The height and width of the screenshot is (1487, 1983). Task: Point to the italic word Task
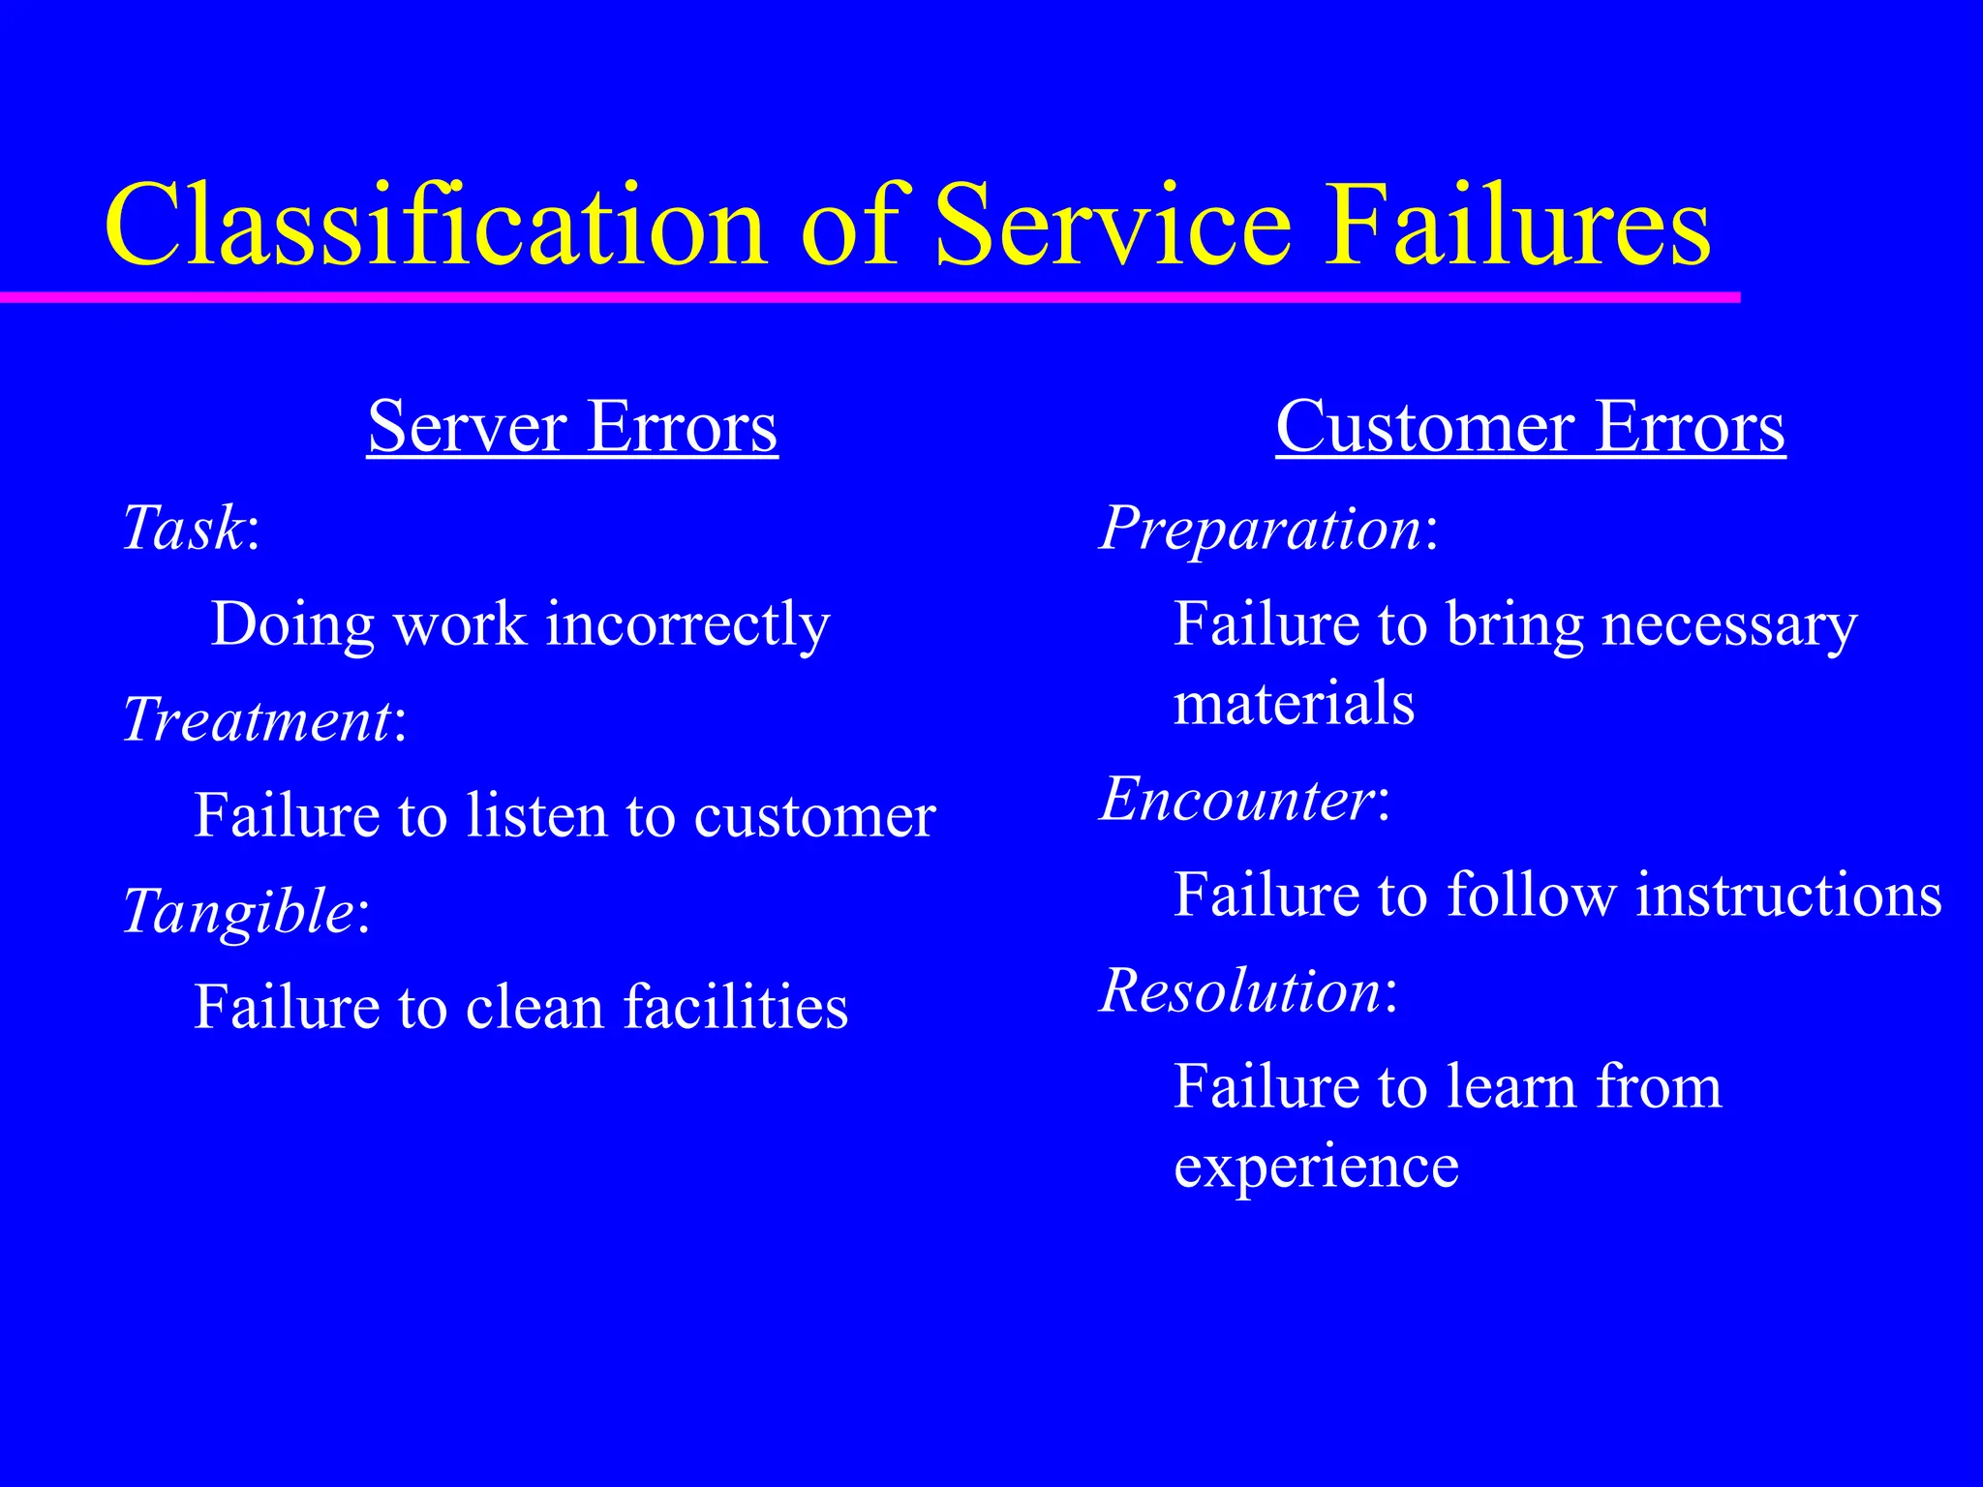pyautogui.click(x=182, y=529)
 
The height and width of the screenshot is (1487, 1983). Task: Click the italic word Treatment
pyautogui.click(x=257, y=720)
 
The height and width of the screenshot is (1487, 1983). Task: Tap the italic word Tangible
pyautogui.click(x=238, y=912)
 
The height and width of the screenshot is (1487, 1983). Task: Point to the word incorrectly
pyautogui.click(x=687, y=624)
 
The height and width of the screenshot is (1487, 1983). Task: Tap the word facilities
pyautogui.click(x=736, y=1007)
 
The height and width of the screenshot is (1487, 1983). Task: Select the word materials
pyautogui.click(x=1294, y=703)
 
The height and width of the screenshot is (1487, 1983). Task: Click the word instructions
pyautogui.click(x=1788, y=895)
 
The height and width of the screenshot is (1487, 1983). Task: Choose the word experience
pyautogui.click(x=1316, y=1168)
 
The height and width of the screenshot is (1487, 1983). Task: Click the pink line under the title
pyautogui.click(x=871, y=297)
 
